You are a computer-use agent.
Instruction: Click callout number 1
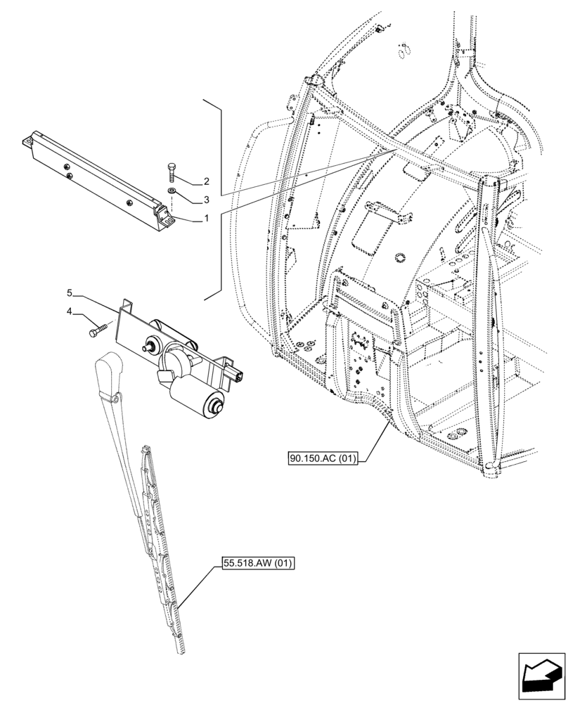tap(207, 218)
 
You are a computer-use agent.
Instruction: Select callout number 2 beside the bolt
tap(207, 181)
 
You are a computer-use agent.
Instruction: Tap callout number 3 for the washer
tap(207, 199)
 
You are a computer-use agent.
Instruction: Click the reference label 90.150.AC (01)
tap(323, 460)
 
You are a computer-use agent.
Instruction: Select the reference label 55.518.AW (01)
tap(257, 563)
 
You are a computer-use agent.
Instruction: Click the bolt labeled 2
tap(172, 172)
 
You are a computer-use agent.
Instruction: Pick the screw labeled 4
tap(96, 329)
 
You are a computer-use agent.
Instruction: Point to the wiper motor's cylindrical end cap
tap(214, 404)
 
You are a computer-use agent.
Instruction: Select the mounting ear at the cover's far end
tap(28, 143)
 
